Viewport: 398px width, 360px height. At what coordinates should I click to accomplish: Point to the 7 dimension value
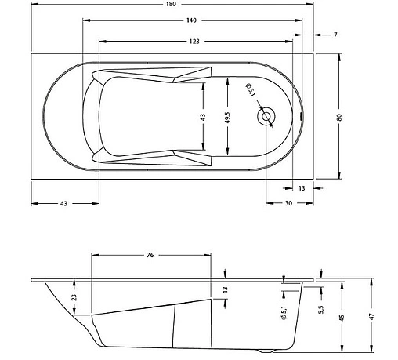(335, 35)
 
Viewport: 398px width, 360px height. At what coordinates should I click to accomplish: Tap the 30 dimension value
(288, 203)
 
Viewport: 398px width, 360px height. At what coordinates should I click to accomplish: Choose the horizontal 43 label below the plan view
(64, 203)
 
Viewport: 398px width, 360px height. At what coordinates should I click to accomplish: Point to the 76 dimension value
(150, 255)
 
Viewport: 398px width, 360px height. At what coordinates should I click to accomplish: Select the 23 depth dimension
(74, 297)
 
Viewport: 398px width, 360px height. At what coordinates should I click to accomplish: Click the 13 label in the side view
(224, 289)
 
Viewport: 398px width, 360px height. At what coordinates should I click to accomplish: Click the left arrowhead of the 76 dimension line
(94, 255)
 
